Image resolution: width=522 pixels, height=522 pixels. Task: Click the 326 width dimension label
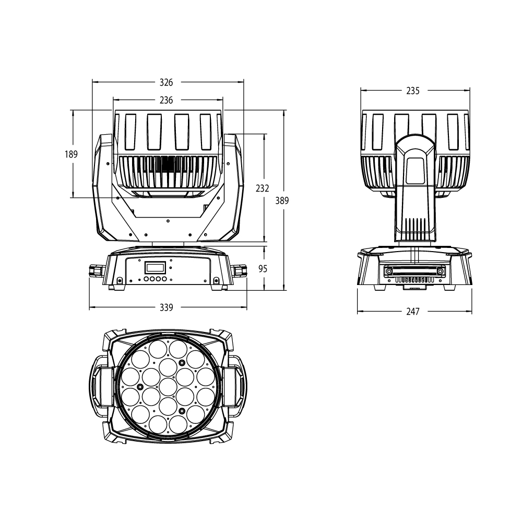[x=166, y=82]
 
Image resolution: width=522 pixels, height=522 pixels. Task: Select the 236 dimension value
[x=166, y=100]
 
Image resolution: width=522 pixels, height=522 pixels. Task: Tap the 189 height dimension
[x=71, y=154]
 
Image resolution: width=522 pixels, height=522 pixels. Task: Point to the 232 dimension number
[x=263, y=188]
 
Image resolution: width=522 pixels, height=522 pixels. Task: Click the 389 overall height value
[x=282, y=200]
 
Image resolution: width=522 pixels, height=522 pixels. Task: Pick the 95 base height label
[x=263, y=268]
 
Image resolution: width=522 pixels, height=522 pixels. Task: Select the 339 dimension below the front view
[x=166, y=307]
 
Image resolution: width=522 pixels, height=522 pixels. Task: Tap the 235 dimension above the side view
[x=412, y=91]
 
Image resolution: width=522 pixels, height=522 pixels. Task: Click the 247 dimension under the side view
[x=412, y=312]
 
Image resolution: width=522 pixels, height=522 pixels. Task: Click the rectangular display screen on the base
[x=155, y=268]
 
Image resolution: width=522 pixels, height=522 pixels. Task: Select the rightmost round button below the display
[x=164, y=280]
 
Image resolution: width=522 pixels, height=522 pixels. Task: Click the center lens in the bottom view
[x=167, y=386]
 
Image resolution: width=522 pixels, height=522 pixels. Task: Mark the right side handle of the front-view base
[x=239, y=271]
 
